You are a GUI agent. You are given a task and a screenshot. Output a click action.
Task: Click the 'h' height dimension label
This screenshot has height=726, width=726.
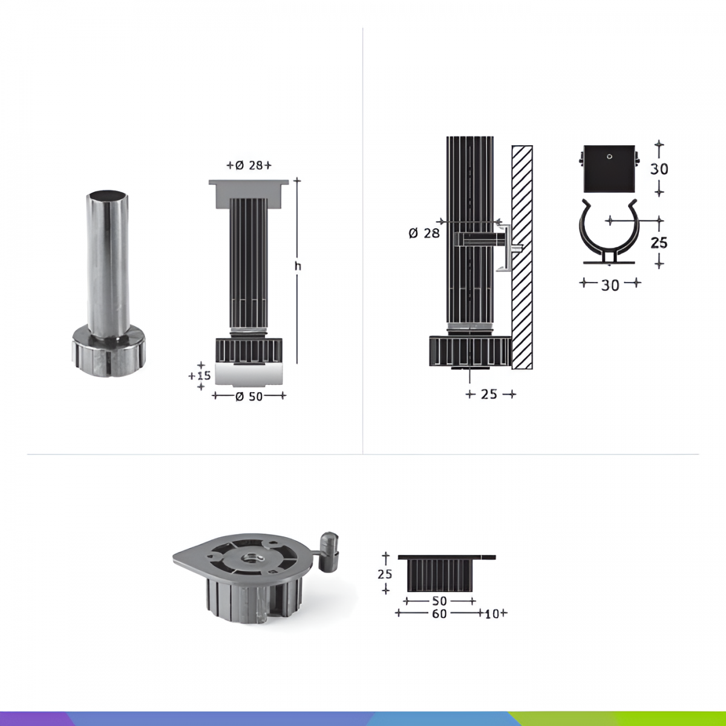pos(298,266)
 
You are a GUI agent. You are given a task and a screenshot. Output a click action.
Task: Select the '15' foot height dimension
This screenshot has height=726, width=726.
pos(203,375)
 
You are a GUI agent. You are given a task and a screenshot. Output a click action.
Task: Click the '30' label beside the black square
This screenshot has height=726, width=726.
pos(659,169)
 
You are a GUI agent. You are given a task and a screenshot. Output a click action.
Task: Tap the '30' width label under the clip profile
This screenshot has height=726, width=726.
pos(610,285)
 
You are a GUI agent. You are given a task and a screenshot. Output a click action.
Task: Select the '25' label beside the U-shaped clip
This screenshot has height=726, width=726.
pos(659,243)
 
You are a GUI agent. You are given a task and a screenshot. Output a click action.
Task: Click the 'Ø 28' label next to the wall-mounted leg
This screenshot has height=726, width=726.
pos(424,234)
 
